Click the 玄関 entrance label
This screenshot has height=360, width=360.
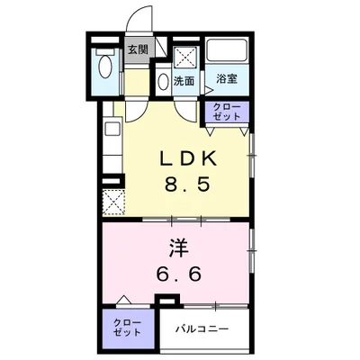coord(138,50)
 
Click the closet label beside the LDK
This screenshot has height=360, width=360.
coord(226,112)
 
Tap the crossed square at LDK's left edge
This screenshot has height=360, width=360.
coord(113,201)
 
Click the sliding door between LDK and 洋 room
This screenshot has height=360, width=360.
coord(184,219)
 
